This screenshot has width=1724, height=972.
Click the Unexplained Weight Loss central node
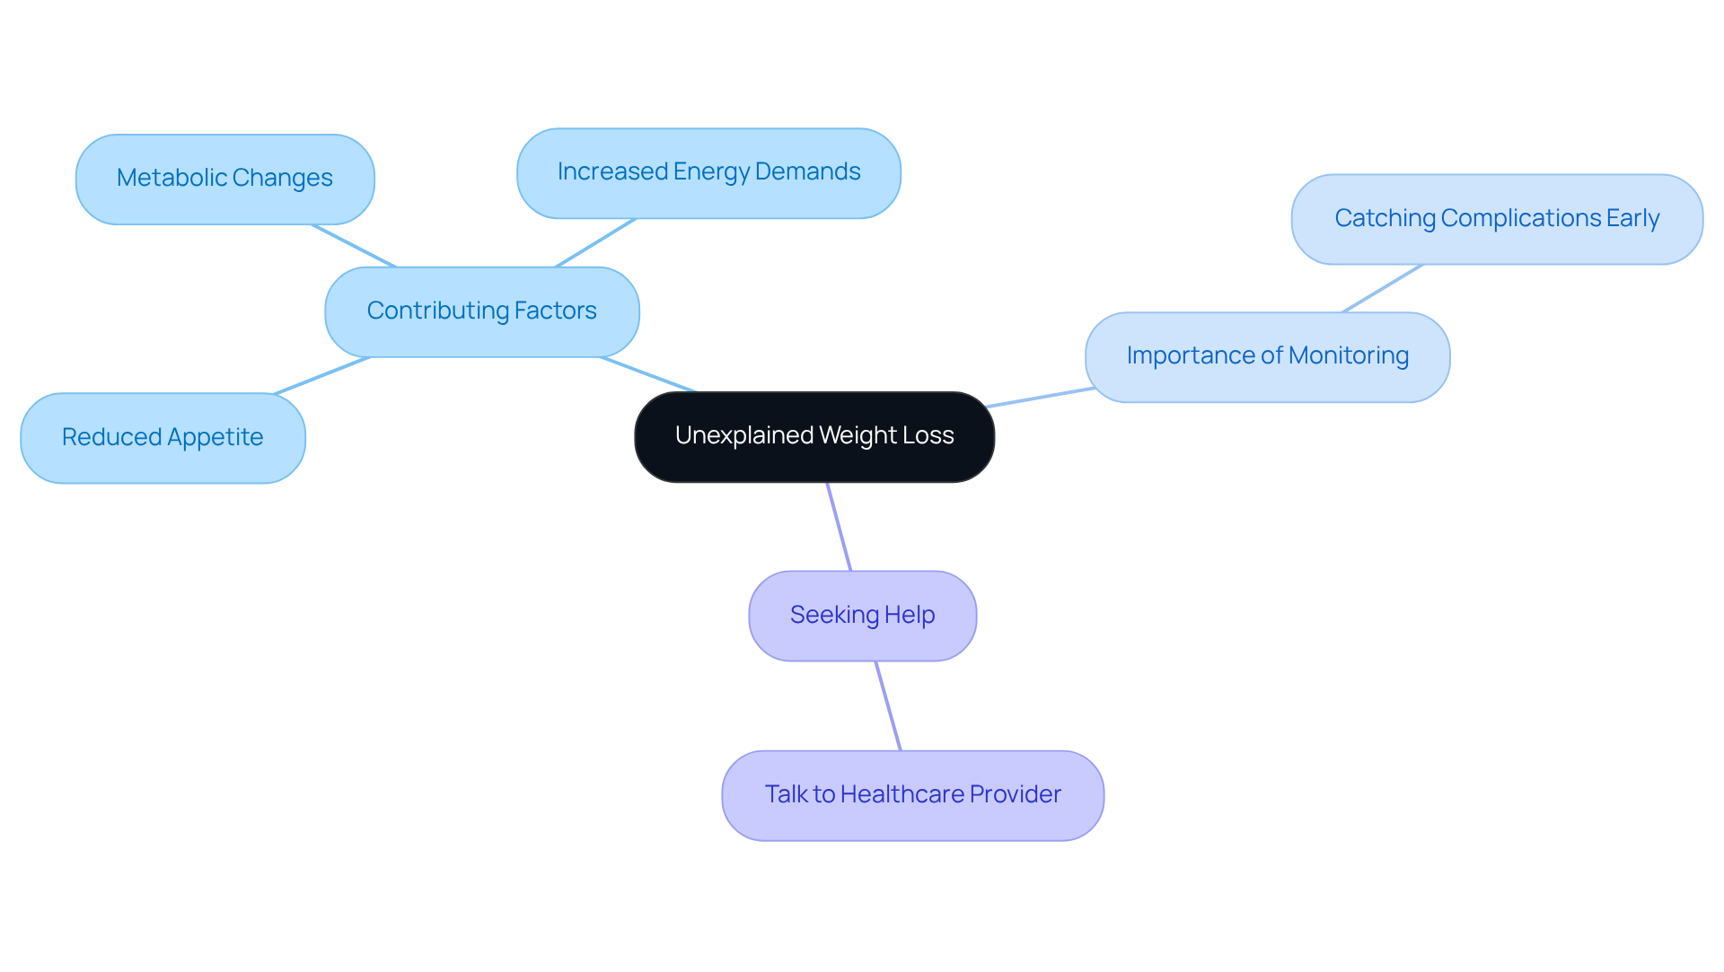point(814,436)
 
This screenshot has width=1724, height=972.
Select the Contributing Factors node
point(481,311)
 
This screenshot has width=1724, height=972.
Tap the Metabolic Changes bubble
point(224,179)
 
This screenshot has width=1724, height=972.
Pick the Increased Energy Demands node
point(708,172)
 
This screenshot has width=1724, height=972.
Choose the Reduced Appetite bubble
point(163,438)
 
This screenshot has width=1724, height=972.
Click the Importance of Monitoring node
point(1267,356)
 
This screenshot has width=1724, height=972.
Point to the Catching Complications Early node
point(1496,219)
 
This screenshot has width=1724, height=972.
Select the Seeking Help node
point(862,616)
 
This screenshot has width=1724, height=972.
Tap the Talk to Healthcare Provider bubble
point(912,795)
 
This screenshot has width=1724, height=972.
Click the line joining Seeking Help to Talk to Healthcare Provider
point(888,705)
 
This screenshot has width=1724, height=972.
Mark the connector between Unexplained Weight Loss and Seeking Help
point(839,526)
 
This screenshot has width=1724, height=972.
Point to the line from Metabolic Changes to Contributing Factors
point(354,246)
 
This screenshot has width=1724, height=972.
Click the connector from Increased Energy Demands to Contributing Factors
point(596,242)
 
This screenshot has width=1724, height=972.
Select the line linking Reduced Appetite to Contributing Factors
point(322,375)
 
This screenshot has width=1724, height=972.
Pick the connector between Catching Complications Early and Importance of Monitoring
point(1383,288)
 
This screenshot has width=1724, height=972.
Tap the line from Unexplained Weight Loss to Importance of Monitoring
point(1040,398)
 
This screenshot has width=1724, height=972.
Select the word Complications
point(1520,219)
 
